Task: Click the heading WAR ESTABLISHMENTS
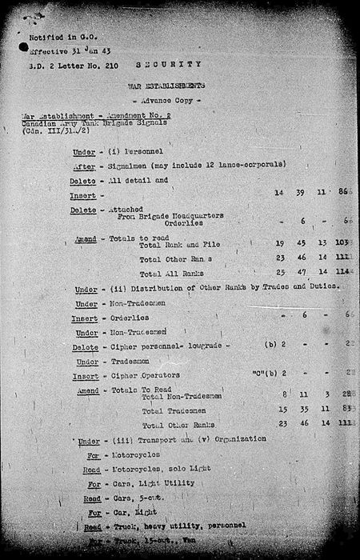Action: click(x=166, y=84)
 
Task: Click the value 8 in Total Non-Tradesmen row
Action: click(x=284, y=394)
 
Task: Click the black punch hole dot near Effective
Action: click(x=23, y=49)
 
